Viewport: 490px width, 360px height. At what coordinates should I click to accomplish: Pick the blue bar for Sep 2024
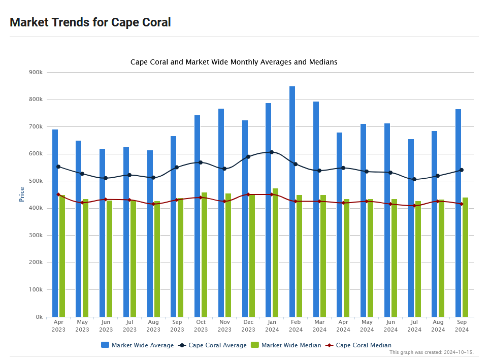458,213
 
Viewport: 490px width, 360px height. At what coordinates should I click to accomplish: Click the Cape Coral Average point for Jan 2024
272,152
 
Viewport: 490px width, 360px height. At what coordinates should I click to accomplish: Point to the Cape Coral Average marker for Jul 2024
414,179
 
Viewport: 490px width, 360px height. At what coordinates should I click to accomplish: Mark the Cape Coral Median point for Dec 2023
248,194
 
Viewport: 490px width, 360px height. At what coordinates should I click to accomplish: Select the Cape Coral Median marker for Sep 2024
462,204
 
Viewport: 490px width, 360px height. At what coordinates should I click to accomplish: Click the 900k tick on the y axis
36,73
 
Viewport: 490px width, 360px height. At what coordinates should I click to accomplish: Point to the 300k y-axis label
36,236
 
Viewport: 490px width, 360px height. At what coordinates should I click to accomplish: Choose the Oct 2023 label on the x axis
201,325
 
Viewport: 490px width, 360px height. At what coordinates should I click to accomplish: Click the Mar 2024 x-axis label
319,325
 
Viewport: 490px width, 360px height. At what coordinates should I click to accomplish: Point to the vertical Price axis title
22,194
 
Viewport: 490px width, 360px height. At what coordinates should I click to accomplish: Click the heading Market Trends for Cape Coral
90,22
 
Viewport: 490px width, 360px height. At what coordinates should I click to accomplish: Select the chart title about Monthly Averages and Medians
234,62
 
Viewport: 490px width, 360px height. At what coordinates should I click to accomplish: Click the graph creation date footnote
431,352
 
